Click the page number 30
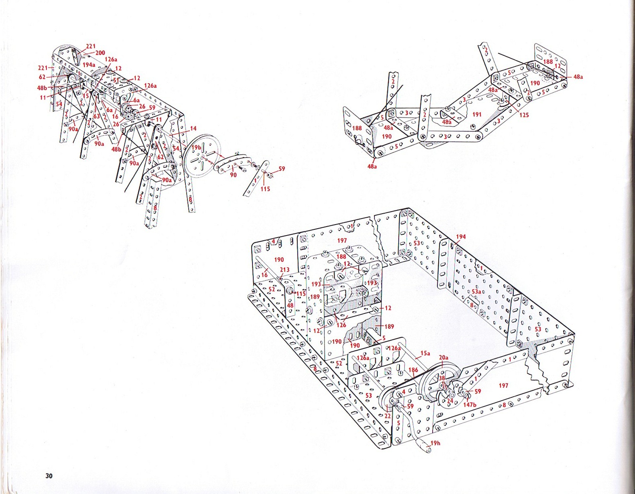click(49, 475)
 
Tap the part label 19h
click(435, 443)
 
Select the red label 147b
click(469, 404)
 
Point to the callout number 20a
click(444, 357)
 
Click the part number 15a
click(425, 353)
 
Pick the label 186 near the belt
click(413, 370)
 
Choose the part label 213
click(284, 270)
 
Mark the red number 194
click(461, 237)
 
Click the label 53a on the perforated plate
click(476, 292)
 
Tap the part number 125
click(524, 115)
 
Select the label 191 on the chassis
click(477, 114)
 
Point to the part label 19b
click(197, 148)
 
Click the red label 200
click(100, 53)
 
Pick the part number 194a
click(89, 65)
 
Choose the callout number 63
click(97, 117)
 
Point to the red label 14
click(193, 128)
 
